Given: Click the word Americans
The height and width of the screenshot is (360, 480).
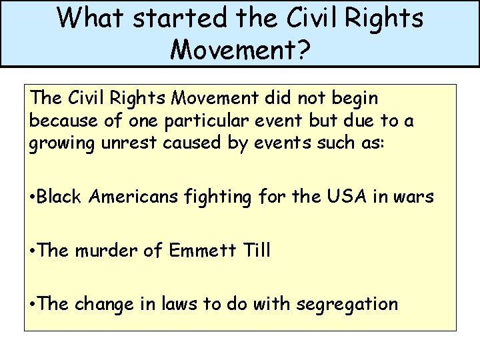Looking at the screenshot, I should coord(139,197).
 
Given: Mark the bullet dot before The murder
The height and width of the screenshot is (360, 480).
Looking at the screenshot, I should coord(33,252).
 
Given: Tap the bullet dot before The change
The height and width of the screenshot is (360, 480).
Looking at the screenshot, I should coord(33,305).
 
